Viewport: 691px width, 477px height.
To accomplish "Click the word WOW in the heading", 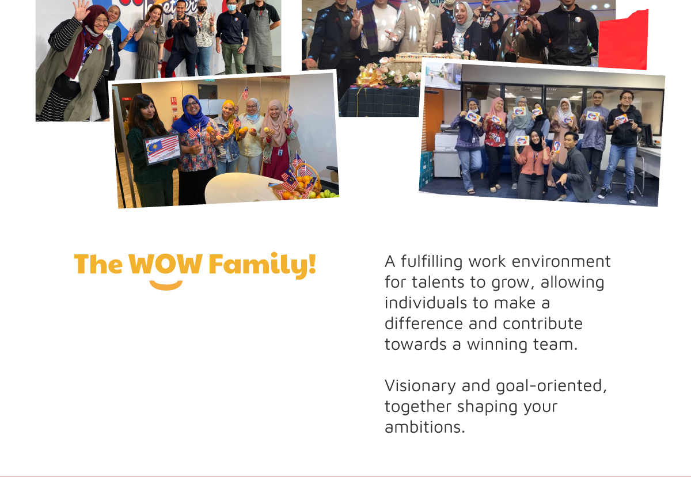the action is point(165,264).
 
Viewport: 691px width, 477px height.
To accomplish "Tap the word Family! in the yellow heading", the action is point(263,265).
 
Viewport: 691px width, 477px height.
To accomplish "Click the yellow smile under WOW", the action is point(166,285).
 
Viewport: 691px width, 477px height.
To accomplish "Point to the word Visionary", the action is point(420,386).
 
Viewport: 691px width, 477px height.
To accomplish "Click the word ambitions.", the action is point(425,427).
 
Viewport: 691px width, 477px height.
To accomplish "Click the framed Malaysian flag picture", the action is point(162,149).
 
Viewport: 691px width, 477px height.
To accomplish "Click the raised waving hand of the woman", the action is point(81,10).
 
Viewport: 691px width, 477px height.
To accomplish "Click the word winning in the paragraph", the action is point(498,345).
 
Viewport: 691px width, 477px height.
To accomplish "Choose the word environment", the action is point(561,261).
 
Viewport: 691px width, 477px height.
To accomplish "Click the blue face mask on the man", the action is point(231,7).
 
